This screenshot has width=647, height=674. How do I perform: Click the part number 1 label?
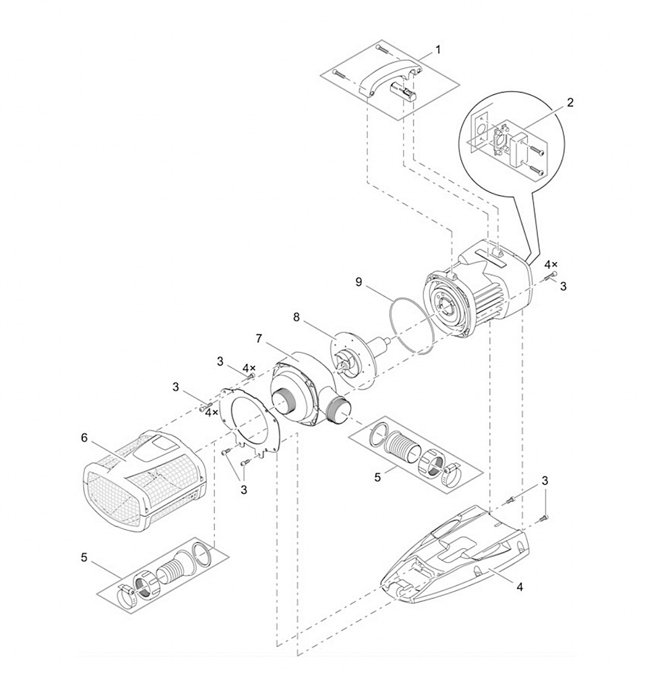438,49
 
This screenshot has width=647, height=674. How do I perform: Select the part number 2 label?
570,102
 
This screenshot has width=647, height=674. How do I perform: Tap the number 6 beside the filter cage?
84,437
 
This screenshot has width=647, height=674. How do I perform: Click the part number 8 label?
296,315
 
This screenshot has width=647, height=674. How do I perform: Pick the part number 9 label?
359,282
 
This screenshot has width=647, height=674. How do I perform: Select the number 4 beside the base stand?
519,586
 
